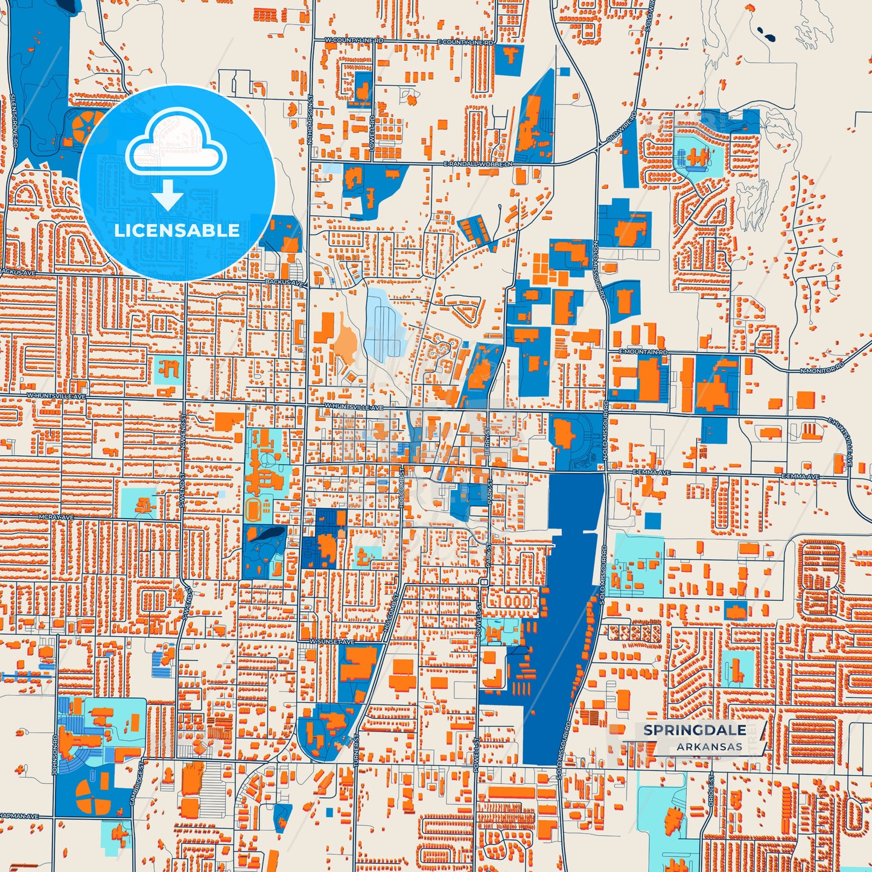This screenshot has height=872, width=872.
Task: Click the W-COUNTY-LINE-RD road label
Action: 354,40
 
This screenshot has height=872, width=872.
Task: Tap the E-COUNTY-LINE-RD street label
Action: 465,43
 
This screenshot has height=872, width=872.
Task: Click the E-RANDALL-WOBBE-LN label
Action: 478,164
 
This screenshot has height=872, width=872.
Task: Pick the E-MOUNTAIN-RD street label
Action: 643,351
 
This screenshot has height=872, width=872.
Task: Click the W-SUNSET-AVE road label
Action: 331,641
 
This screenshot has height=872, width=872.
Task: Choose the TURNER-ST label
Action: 357,750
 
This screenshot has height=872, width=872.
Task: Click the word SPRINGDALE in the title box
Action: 694,730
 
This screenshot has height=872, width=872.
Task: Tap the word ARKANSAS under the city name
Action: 709,746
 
